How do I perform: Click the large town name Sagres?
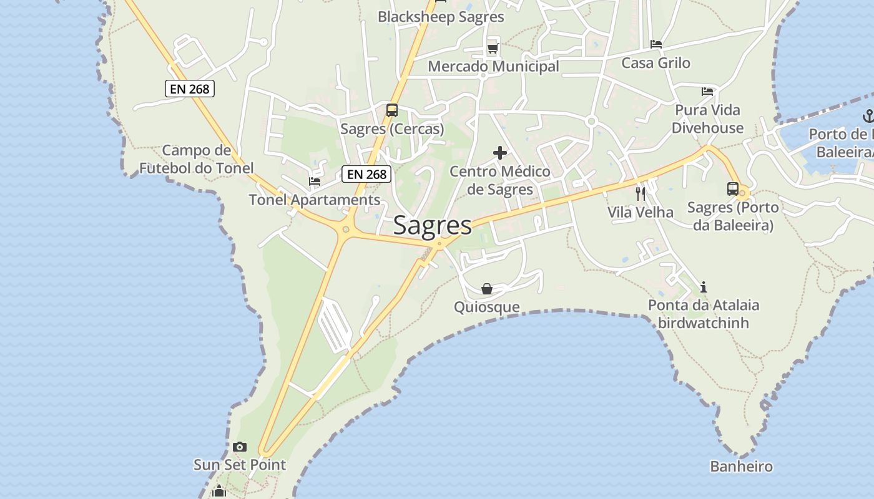click(433, 225)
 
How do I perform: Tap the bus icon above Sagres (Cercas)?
click(392, 110)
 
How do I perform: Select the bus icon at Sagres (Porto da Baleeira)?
click(733, 188)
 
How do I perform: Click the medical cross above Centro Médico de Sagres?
click(500, 153)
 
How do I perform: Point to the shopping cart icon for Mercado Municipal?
click(493, 48)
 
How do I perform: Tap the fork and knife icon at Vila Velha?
click(641, 193)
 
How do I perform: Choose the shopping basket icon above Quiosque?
click(487, 289)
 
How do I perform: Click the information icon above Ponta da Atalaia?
click(704, 287)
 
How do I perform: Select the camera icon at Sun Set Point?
click(240, 447)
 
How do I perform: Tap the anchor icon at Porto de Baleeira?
click(868, 115)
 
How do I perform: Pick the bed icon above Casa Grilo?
click(656, 44)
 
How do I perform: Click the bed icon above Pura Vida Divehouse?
click(707, 92)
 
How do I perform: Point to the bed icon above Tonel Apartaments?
click(315, 182)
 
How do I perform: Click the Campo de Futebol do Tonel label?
click(197, 159)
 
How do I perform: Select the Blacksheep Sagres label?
click(441, 17)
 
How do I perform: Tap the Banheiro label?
click(741, 467)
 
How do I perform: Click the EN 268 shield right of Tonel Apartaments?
click(367, 174)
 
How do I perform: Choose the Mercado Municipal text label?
click(493, 66)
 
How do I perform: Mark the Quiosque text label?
click(487, 307)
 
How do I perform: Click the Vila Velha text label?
click(641, 212)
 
